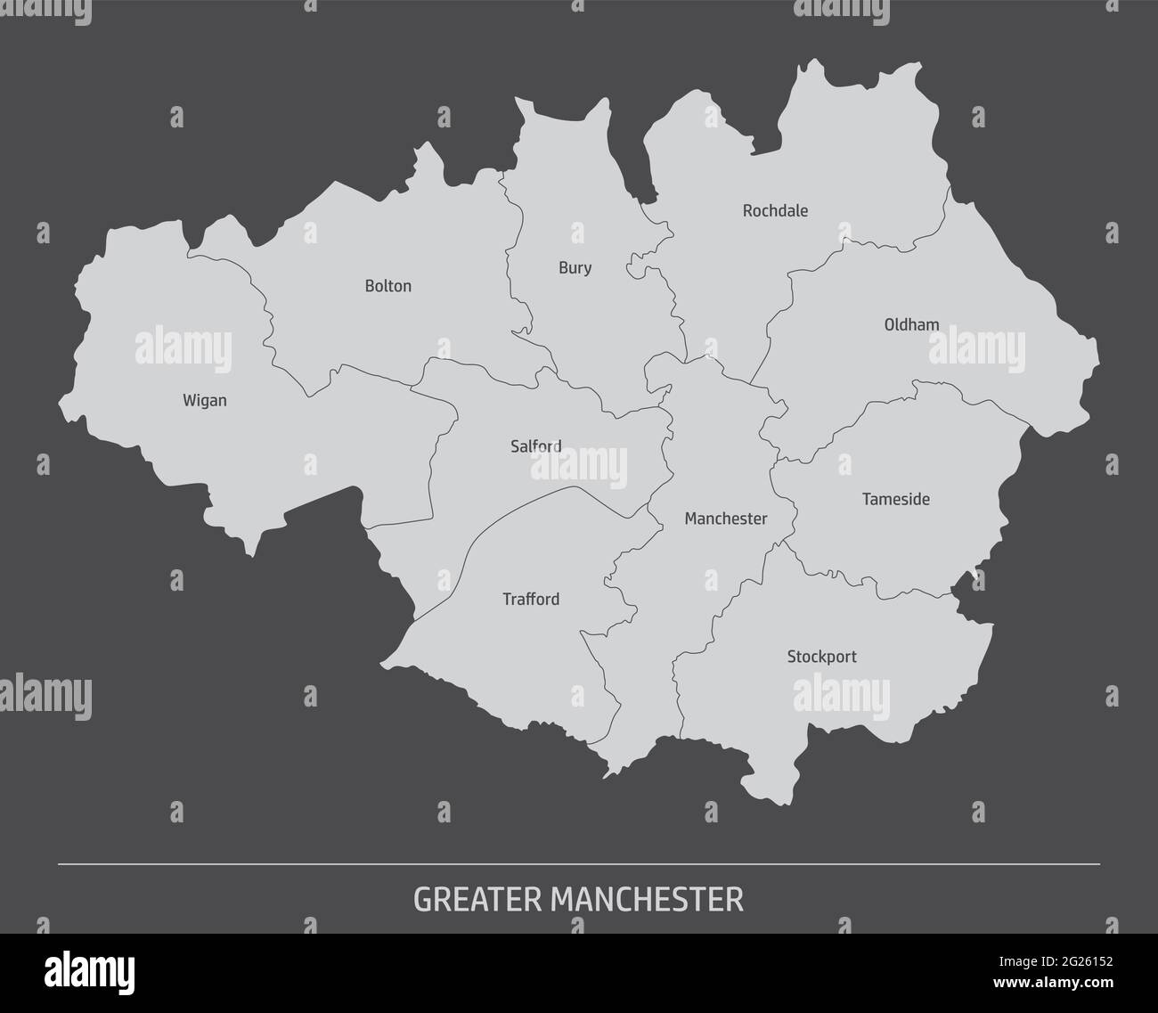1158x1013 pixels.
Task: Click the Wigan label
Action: (x=205, y=401)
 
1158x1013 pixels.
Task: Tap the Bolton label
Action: (x=388, y=287)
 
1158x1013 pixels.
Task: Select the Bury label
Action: (x=575, y=268)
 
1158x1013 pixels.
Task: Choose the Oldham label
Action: (x=911, y=325)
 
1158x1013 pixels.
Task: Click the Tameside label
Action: (x=895, y=500)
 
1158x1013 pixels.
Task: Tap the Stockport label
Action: (x=821, y=658)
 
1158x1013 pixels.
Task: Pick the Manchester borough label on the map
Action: (x=725, y=519)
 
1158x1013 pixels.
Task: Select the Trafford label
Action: (x=531, y=600)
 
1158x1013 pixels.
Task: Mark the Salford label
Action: (x=536, y=446)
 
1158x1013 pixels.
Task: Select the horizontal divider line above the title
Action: (x=579, y=864)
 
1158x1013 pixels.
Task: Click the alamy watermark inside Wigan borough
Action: (x=183, y=350)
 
